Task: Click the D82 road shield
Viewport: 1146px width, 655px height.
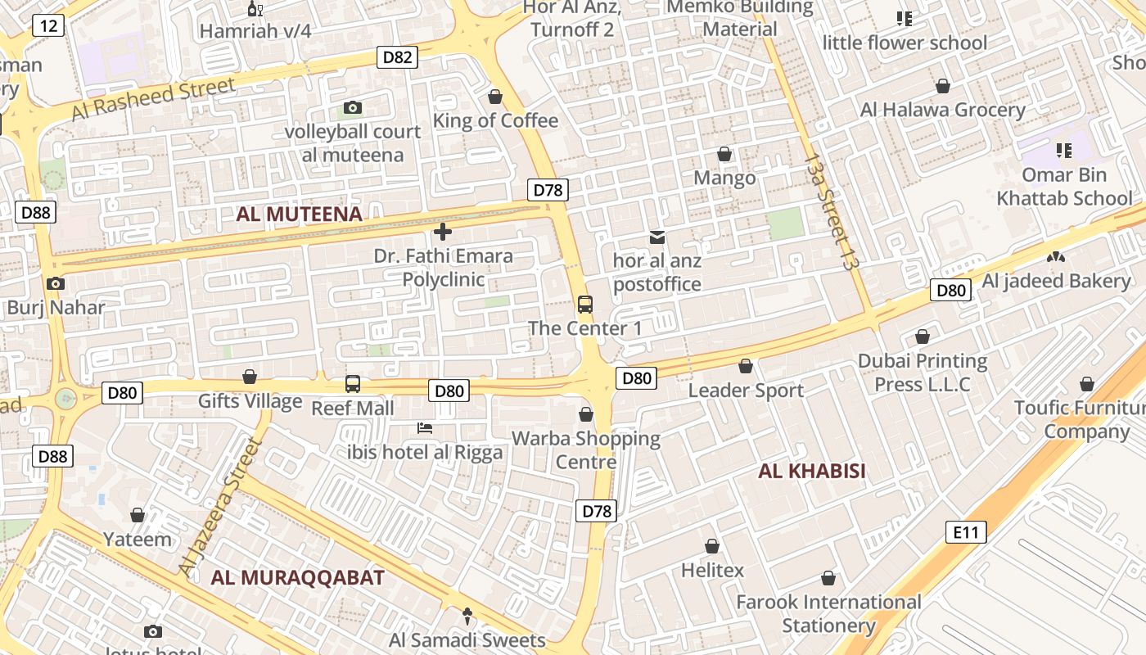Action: click(397, 57)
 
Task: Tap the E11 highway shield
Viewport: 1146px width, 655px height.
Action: click(966, 532)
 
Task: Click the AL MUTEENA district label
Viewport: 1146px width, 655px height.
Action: click(299, 215)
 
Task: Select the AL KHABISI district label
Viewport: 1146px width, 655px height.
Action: click(811, 471)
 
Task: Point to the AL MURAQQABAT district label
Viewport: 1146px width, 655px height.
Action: click(297, 577)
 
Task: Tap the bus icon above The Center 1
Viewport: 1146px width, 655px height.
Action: click(584, 305)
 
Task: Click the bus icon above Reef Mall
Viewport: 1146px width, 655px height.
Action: click(352, 383)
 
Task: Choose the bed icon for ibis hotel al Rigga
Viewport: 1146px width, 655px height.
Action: click(424, 428)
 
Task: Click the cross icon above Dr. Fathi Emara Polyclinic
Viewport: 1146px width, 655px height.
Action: click(443, 232)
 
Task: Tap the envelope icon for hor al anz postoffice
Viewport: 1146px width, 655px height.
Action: click(656, 237)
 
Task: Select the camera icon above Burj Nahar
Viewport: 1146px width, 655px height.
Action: click(56, 284)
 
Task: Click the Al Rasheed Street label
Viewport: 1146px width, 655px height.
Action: click(153, 98)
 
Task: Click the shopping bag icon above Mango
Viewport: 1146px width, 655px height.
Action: click(724, 154)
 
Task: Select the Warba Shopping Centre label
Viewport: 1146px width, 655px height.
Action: click(586, 449)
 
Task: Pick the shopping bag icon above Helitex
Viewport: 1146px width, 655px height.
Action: click(712, 546)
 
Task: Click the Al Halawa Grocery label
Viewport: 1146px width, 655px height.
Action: click(942, 110)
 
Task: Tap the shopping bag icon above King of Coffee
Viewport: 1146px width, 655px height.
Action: click(494, 97)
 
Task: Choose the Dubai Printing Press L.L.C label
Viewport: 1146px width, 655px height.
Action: click(923, 373)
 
